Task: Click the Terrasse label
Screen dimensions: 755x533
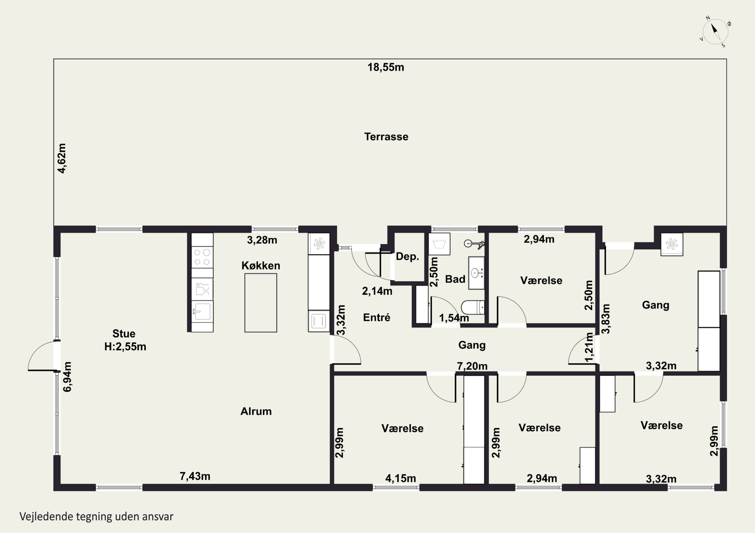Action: click(386, 137)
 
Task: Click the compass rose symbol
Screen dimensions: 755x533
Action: click(715, 32)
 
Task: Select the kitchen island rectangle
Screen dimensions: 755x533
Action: click(260, 303)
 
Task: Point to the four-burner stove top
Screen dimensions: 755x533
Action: click(202, 257)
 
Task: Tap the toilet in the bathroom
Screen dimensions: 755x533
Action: click(473, 307)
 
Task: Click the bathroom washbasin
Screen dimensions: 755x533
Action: click(476, 273)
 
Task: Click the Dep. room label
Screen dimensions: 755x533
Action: click(407, 257)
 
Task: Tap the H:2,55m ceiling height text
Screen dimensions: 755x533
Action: click(125, 347)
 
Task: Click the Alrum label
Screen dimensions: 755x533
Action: click(256, 411)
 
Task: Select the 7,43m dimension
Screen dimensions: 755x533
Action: click(195, 476)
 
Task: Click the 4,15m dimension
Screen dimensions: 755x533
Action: click(400, 478)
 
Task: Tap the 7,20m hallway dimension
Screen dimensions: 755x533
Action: click(472, 366)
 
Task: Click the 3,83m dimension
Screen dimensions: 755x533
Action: click(606, 319)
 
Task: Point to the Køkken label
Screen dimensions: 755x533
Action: click(261, 265)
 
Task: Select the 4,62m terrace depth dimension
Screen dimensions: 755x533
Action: click(62, 158)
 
